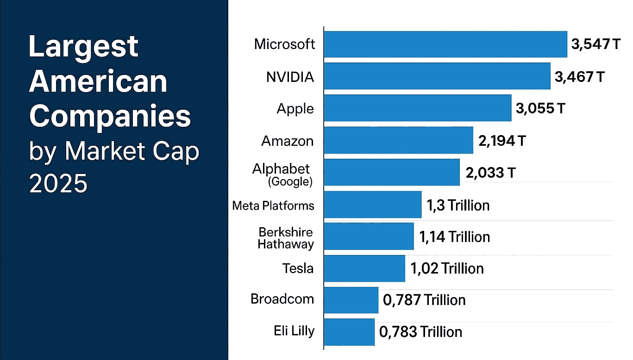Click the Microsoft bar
[445, 44]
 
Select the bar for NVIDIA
[437, 76]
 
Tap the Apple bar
[418, 108]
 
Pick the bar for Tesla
[364, 268]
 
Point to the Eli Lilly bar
[349, 332]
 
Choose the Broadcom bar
[351, 300]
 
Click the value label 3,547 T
[595, 45]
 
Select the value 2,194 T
[502, 141]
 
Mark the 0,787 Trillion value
[424, 300]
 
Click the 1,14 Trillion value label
[454, 237]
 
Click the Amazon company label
[288, 141]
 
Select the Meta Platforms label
[273, 205]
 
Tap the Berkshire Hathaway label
[286, 238]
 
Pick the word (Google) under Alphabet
[290, 182]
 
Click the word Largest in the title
[83, 46]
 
